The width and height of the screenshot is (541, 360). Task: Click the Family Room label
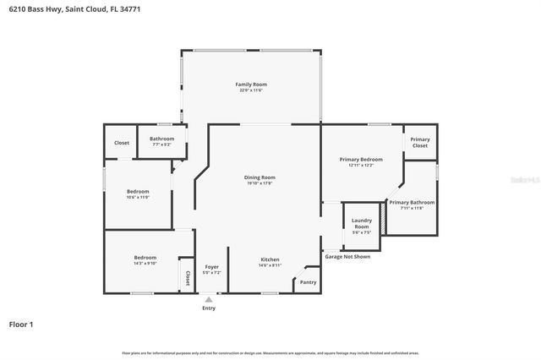click(251, 85)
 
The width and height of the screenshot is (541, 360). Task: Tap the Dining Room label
click(260, 177)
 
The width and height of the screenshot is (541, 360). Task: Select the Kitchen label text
click(270, 259)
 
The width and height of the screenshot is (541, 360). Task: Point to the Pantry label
click(308, 282)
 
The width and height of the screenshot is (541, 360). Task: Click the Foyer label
click(212, 267)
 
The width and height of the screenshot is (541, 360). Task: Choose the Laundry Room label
click(361, 224)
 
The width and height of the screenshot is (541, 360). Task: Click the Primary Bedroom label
click(361, 159)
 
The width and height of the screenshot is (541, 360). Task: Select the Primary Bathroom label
click(412, 203)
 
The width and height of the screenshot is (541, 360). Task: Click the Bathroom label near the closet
click(162, 139)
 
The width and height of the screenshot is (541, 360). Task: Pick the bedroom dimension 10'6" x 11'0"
click(138, 197)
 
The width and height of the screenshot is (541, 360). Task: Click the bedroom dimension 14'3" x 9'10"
click(145, 262)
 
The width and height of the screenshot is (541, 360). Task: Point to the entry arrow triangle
click(209, 299)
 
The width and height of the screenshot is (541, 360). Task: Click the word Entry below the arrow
click(209, 308)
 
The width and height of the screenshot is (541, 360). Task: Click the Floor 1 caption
click(21, 324)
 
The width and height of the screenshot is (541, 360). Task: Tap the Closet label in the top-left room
click(122, 143)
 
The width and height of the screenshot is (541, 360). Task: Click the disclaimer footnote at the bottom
click(270, 352)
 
